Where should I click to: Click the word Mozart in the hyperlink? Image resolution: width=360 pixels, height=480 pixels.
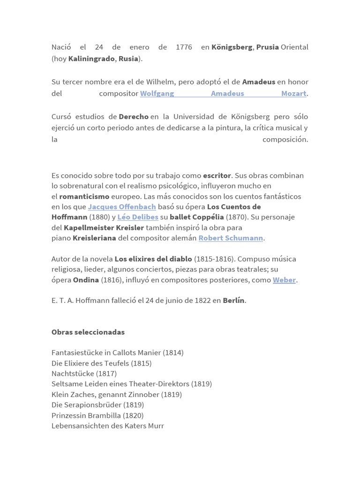point(293,93)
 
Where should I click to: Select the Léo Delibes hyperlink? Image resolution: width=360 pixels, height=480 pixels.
point(137,217)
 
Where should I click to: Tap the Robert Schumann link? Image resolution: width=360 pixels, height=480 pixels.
point(231,238)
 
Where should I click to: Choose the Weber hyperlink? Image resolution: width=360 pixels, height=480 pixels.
point(284,280)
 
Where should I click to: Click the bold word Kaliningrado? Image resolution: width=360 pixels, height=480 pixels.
point(91,59)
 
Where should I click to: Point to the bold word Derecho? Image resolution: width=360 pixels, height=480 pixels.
point(134,116)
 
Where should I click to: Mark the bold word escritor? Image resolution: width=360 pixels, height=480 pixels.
point(217,175)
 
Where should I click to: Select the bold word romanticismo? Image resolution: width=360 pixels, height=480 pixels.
point(84,196)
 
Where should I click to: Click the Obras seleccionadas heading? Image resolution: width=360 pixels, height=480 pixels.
point(88,332)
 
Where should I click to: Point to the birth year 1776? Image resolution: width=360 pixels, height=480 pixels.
point(184,47)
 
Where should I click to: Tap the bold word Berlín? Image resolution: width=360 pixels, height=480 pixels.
point(233,300)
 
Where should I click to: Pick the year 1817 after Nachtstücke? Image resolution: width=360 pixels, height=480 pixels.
point(106,374)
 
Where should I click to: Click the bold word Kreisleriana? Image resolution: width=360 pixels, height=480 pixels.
point(94,238)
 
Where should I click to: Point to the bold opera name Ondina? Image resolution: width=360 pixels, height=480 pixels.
point(86,280)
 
